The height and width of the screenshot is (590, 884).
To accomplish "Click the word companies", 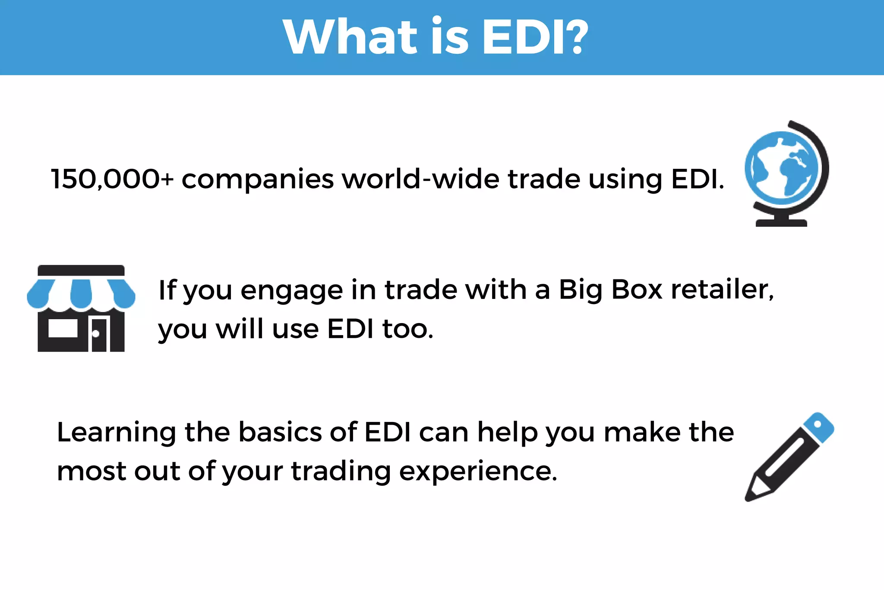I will point(258,180).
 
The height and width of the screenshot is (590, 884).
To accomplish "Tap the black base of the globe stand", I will point(781,222).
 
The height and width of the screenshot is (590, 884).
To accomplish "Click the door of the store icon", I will point(99,335).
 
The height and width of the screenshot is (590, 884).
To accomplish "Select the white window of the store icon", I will point(63,329).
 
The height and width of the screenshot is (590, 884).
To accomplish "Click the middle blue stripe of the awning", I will point(81,294).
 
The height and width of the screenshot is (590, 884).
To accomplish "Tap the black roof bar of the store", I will point(81,270).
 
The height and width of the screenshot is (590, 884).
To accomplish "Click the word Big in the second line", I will point(581,290).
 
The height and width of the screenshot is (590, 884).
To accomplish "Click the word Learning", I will point(117,433).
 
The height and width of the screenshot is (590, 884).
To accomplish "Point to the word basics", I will point(280,432).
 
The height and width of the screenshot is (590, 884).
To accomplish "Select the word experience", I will point(478,472).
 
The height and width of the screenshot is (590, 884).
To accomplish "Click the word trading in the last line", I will point(341,472).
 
